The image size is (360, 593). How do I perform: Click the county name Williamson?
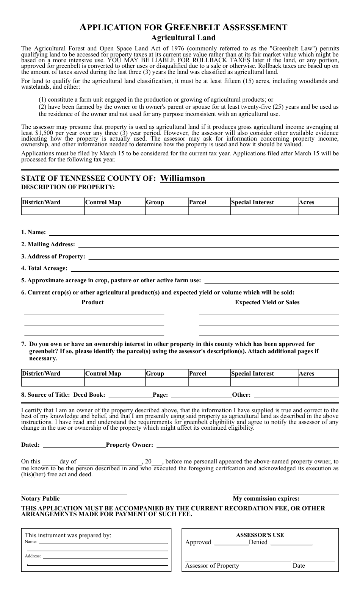pos(182,178)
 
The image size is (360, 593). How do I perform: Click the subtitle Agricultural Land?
pos(183,38)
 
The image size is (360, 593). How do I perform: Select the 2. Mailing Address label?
pos(48,244)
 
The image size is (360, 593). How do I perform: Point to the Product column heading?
pos(92,302)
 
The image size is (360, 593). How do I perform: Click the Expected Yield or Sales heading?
pos(267,302)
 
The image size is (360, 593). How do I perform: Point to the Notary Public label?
pos(41,499)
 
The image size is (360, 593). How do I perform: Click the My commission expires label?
pos(266,499)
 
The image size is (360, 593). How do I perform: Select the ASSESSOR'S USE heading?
pos(260,535)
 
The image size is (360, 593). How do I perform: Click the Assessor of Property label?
pos(212,566)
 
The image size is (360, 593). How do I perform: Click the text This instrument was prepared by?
pos(68,535)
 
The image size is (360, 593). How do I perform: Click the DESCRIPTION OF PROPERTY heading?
pos(68,187)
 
